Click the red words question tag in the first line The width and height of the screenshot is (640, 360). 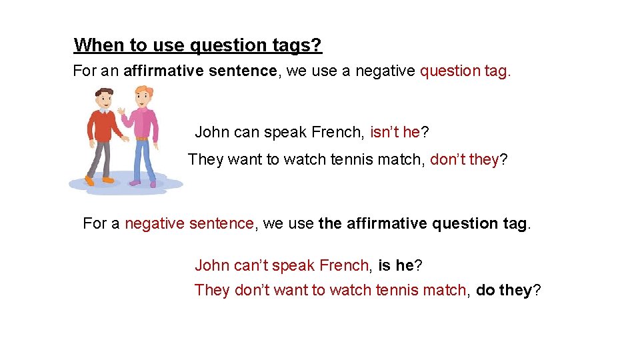click(x=465, y=71)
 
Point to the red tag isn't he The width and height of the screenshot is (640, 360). click(x=395, y=132)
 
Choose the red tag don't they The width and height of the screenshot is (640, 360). click(x=465, y=159)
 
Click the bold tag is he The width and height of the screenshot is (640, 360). click(x=396, y=265)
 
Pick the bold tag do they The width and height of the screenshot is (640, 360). click(x=503, y=290)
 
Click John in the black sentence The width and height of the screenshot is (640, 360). click(x=212, y=132)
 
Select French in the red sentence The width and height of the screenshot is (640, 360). click(x=344, y=265)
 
